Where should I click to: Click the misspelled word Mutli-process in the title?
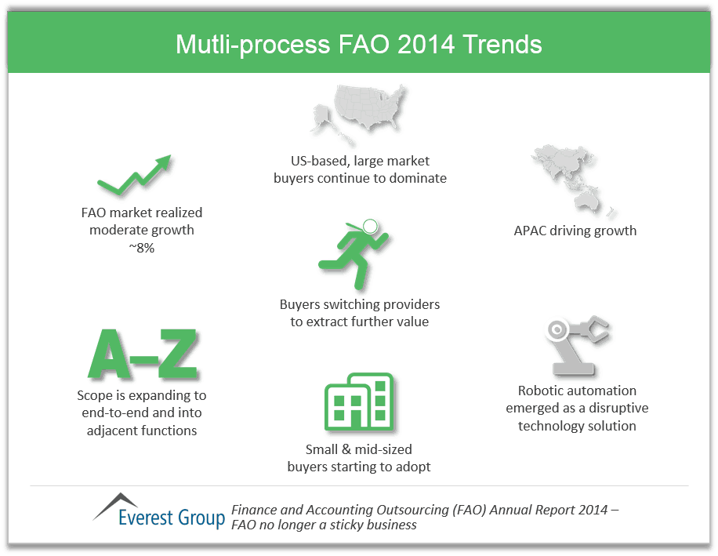point(252,44)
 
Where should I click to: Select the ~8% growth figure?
point(142,249)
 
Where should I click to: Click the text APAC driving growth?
point(575,231)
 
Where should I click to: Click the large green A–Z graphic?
point(143,354)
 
